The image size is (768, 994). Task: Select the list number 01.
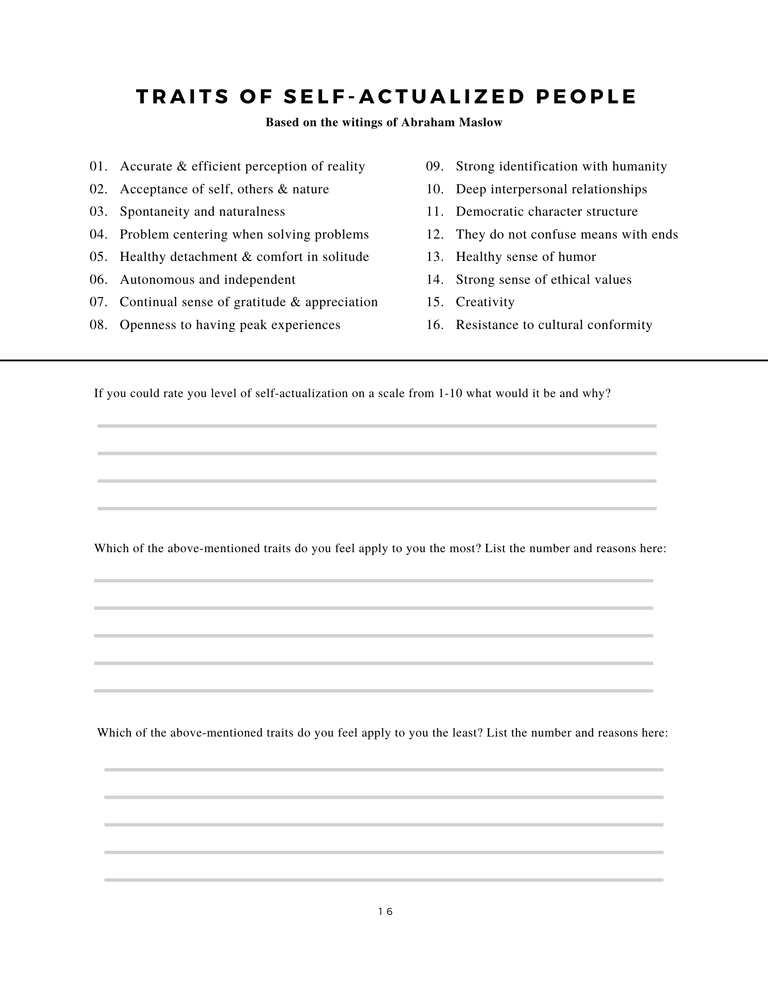pos(98,166)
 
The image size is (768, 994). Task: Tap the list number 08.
pos(98,325)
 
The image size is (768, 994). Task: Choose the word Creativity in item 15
pos(485,302)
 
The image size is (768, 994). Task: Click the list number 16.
pos(434,325)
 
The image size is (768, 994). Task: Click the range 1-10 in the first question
pos(451,394)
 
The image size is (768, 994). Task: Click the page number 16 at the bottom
pos(385,911)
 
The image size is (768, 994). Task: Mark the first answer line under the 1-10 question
pos(377,426)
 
